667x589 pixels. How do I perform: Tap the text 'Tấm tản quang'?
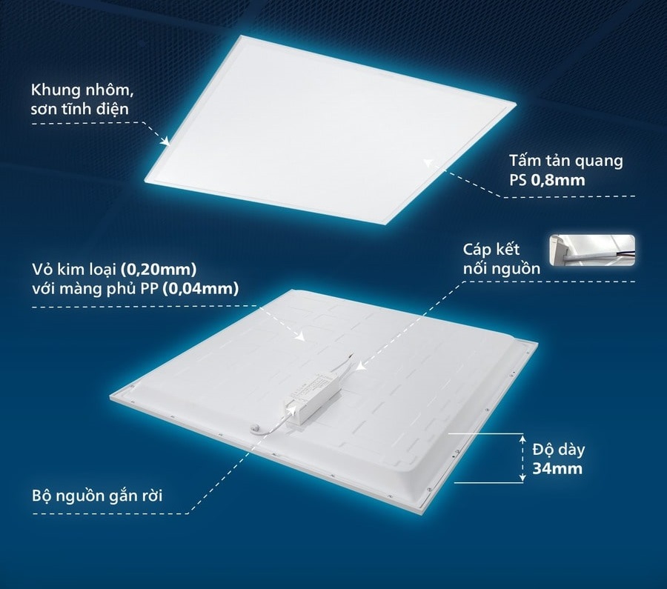tap(565, 161)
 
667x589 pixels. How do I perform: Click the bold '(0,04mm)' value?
tap(203, 289)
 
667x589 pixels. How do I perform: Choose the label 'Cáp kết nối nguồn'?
tap(501, 258)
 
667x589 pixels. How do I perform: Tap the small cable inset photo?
tap(591, 250)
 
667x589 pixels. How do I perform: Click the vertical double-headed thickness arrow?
tap(519, 456)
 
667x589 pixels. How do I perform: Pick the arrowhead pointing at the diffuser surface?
tap(426, 160)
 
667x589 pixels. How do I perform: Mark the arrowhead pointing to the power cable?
tap(359, 365)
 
